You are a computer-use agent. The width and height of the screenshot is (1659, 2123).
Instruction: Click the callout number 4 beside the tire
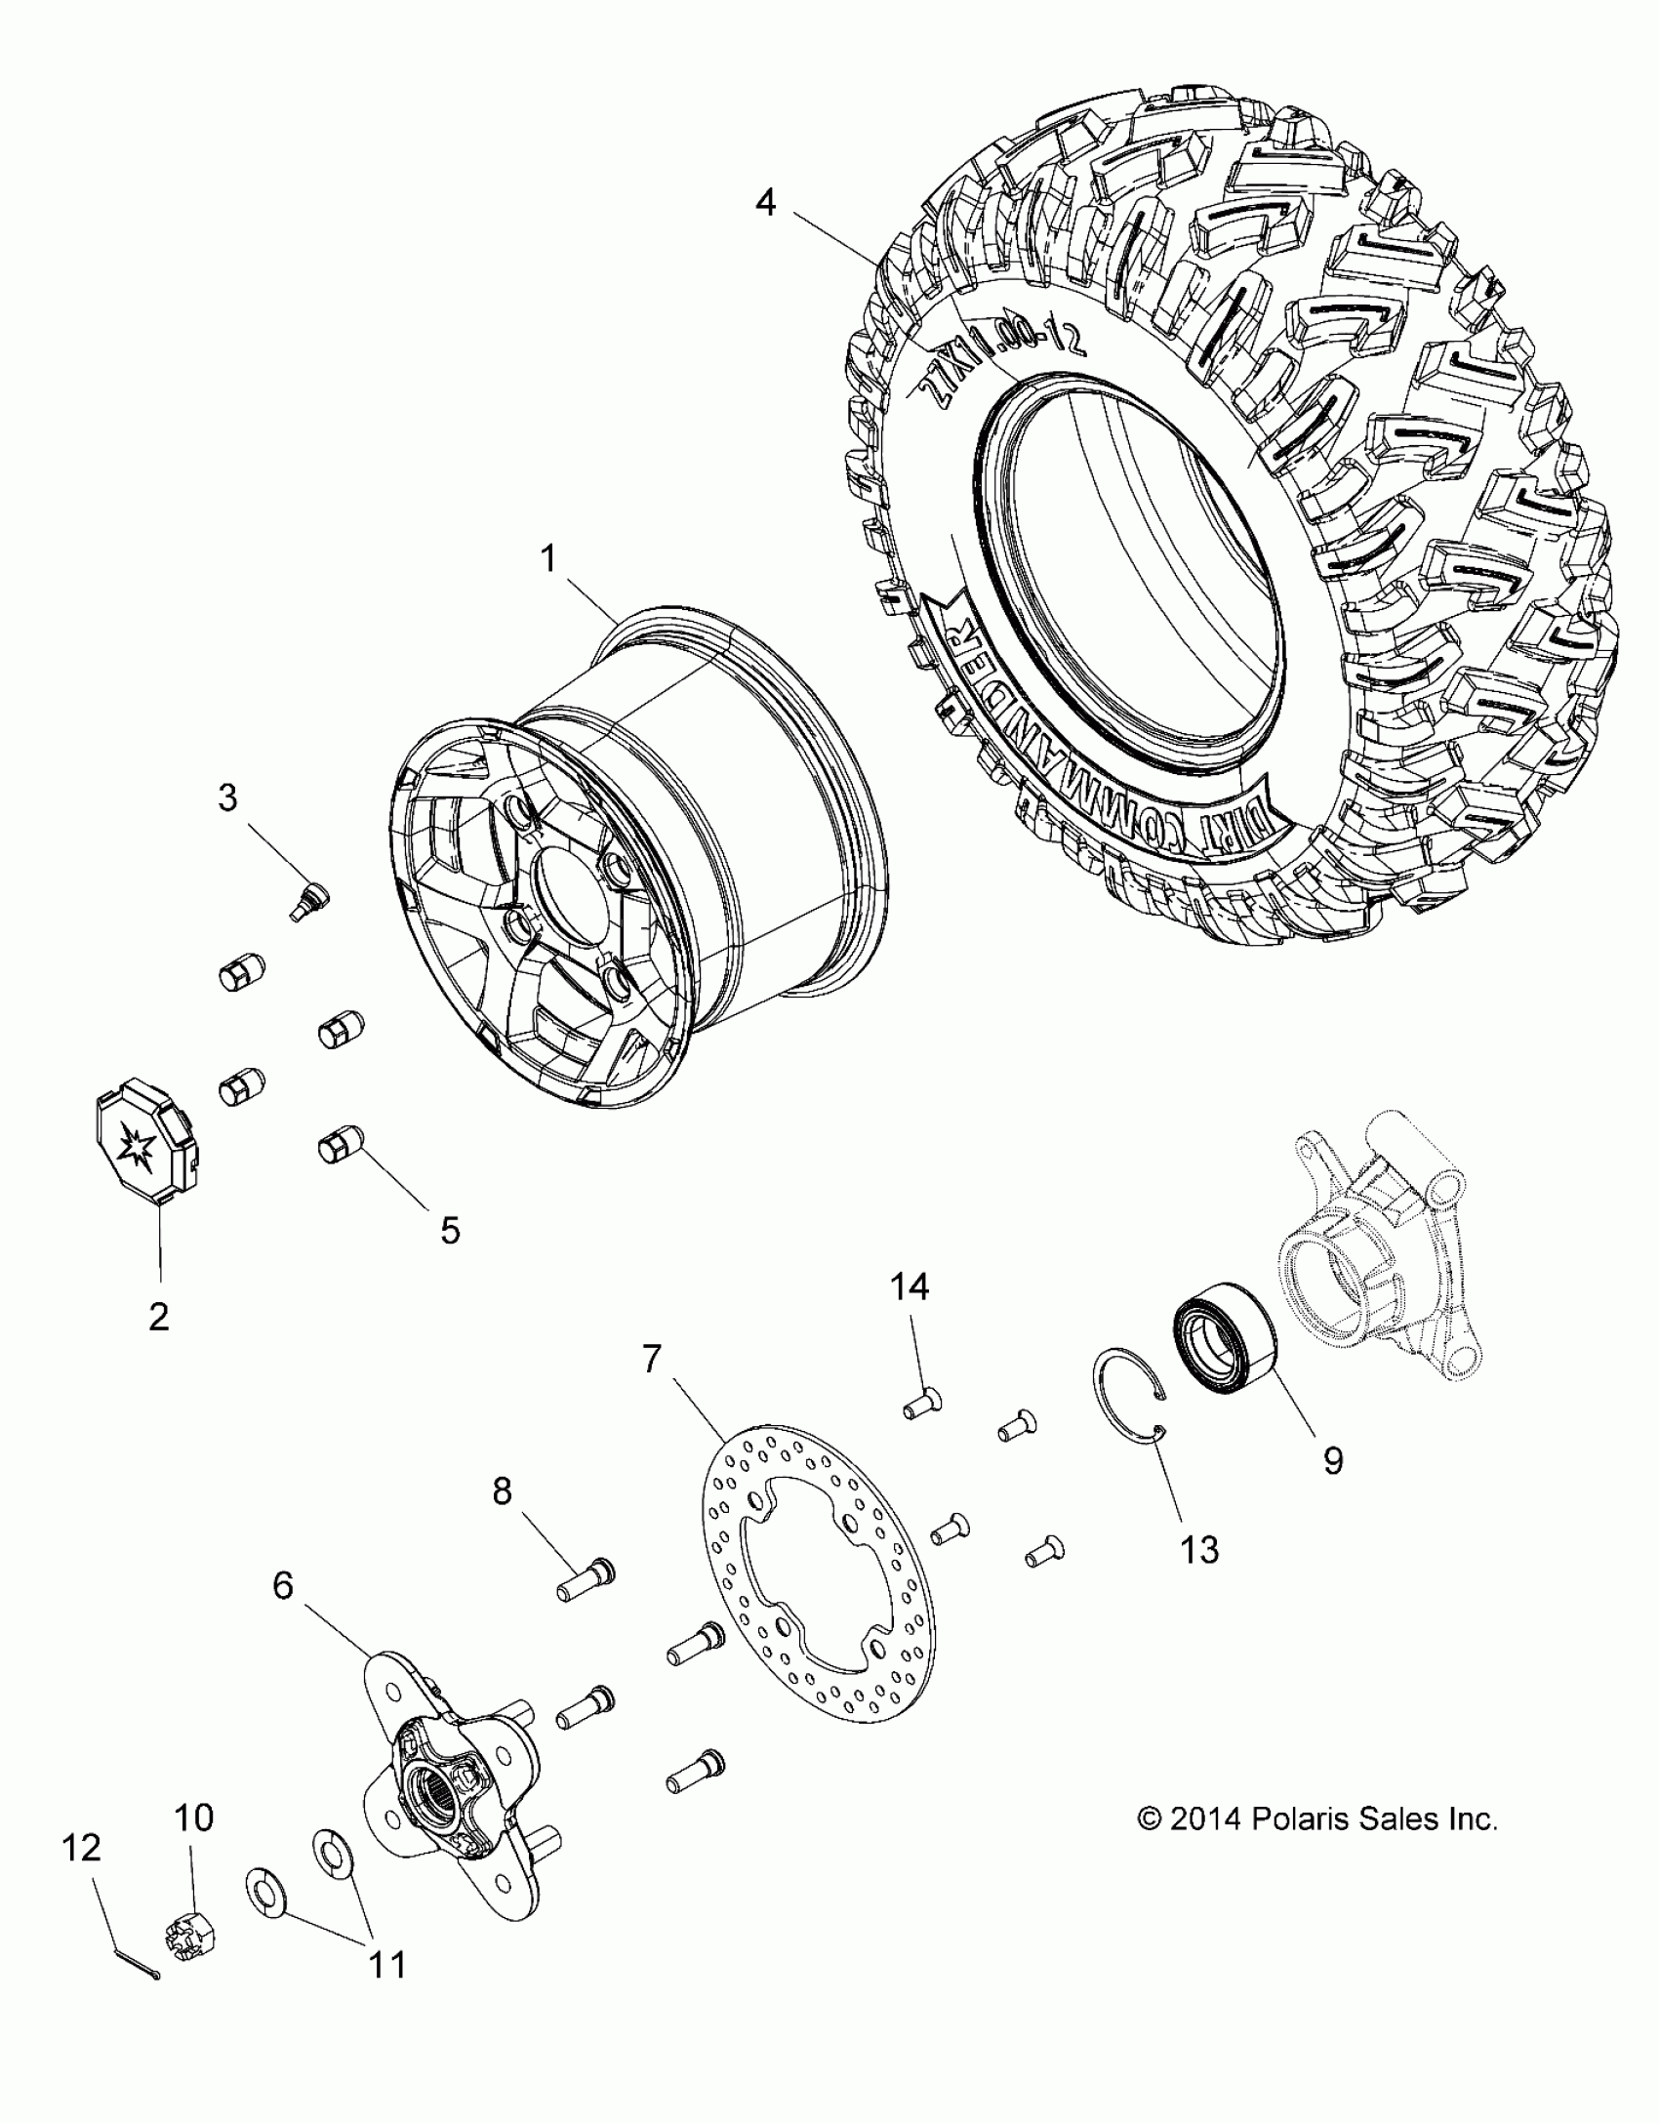point(766,204)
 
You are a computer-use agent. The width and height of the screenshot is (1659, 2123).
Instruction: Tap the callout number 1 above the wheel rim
point(548,559)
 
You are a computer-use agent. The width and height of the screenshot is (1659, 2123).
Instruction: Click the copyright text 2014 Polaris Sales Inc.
point(1317,1819)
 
